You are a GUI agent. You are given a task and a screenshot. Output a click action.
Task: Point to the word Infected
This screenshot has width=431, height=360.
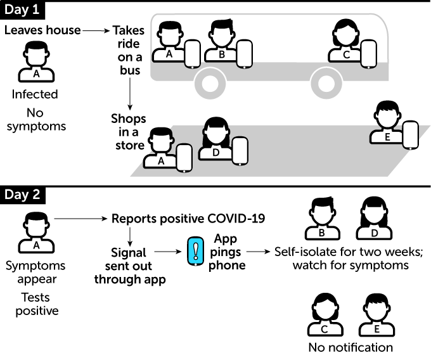(x=35, y=95)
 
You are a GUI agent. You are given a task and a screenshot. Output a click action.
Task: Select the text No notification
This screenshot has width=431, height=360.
(x=351, y=347)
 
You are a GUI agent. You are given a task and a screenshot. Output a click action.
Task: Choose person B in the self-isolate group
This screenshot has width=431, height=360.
(x=321, y=217)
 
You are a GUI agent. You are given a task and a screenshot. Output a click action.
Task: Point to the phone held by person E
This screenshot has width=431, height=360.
(x=411, y=134)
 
